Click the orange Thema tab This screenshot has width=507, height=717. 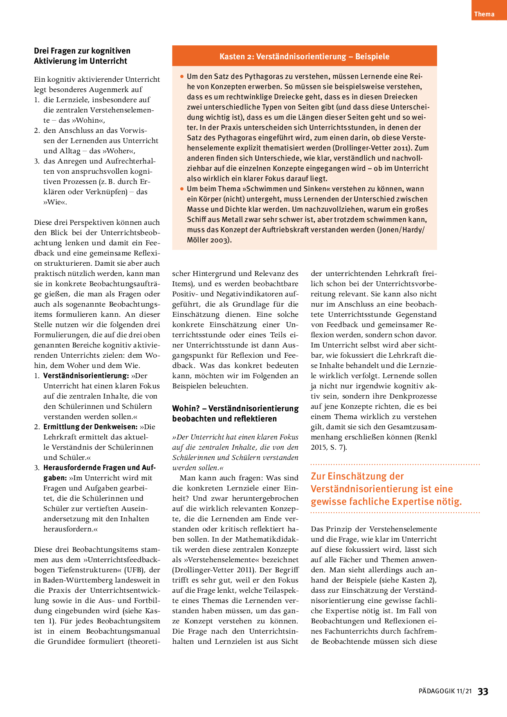click(x=485, y=14)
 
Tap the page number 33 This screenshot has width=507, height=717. click(x=483, y=691)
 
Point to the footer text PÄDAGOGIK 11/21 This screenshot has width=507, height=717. click(x=445, y=691)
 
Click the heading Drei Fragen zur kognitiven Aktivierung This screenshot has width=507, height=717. click(x=82, y=56)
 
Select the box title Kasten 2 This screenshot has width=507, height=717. click(x=304, y=56)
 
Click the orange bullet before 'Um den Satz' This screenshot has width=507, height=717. click(x=182, y=76)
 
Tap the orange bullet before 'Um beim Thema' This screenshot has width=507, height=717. click(x=182, y=189)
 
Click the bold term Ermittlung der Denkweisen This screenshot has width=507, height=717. click(x=90, y=427)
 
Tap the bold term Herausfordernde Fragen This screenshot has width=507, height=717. click(x=99, y=468)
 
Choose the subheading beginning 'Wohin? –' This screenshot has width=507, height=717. click(x=235, y=413)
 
